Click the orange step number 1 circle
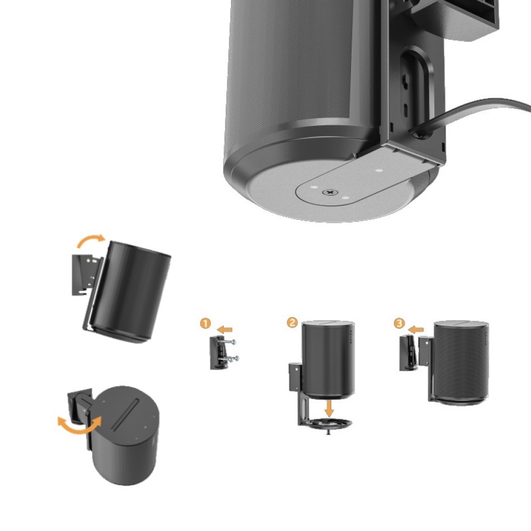pyautogui.click(x=205, y=323)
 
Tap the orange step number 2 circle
pyautogui.click(x=292, y=322)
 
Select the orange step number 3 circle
pyautogui.click(x=399, y=323)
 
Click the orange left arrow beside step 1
pyautogui.click(x=225, y=330)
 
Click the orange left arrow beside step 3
pyautogui.click(x=416, y=330)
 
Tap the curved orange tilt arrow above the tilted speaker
pyautogui.click(x=91, y=240)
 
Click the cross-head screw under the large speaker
pyautogui.click(x=330, y=193)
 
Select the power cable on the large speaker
pyautogui.click(x=470, y=115)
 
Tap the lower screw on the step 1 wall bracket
pyautogui.click(x=231, y=358)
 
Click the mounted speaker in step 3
pyautogui.click(x=461, y=362)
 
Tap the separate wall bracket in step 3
pyautogui.click(x=408, y=353)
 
